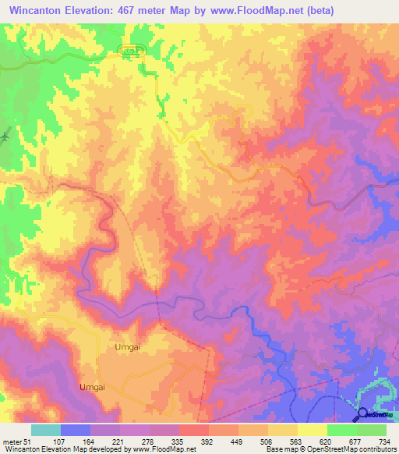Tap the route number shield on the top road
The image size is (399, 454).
[x=133, y=51]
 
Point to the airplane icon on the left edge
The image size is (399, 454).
[x=5, y=136]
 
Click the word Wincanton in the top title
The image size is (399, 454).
[x=35, y=9]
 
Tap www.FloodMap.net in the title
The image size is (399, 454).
[x=257, y=9]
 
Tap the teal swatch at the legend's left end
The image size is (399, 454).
[x=45, y=430]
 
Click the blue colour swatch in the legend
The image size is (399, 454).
[x=75, y=430]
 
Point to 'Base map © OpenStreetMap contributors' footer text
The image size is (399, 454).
[x=330, y=449]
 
